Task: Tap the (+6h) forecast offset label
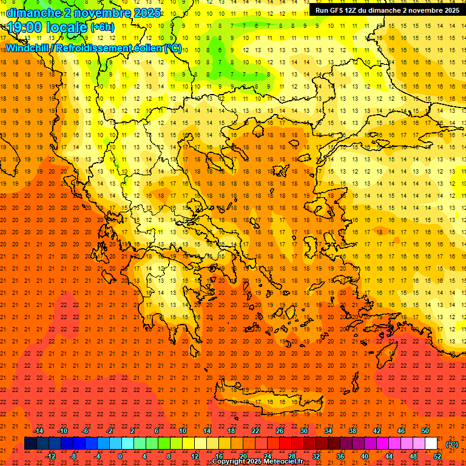tap(102, 27)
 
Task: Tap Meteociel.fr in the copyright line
tap(287, 462)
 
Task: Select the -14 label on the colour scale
tap(38, 431)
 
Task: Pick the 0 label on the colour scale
tap(120, 456)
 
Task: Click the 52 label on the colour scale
tap(437, 456)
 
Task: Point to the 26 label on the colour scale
tap(280, 431)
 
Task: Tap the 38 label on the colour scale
tap(353, 431)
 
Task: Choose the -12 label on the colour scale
tap(50, 456)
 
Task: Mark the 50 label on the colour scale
tap(425, 431)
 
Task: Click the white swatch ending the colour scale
tap(431, 443)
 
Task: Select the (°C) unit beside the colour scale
tap(452, 444)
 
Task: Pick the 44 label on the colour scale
tap(389, 456)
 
